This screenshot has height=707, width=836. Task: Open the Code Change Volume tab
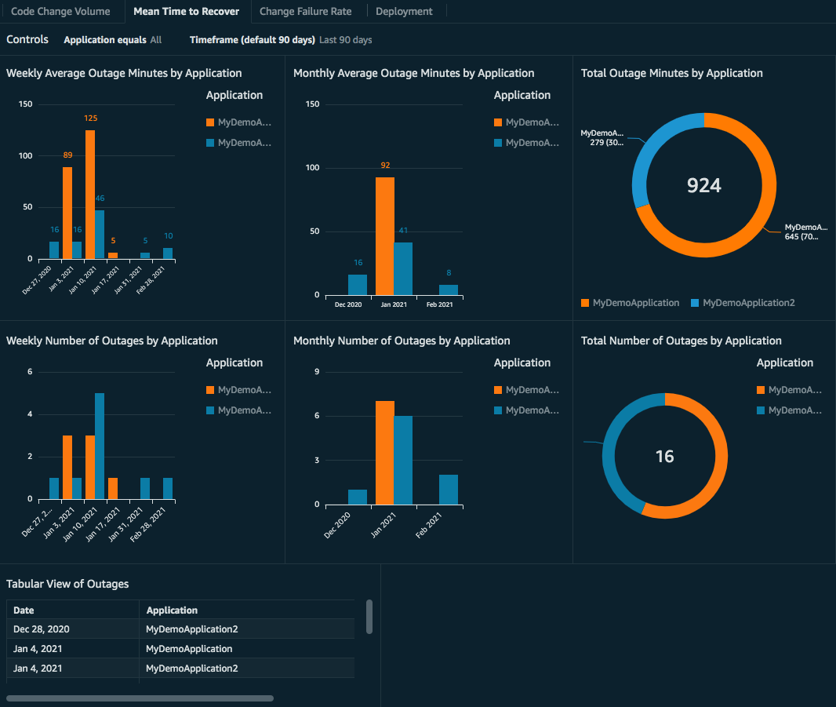click(x=60, y=12)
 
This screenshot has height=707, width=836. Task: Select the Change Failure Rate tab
click(x=305, y=12)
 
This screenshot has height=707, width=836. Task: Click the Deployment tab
click(x=404, y=12)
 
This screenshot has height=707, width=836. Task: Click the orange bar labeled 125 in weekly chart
click(x=90, y=195)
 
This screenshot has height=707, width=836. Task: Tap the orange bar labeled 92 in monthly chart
click(x=384, y=236)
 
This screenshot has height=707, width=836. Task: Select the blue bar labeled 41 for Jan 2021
click(x=403, y=268)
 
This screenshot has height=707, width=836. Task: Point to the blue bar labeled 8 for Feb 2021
click(x=449, y=290)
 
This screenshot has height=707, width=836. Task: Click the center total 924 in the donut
click(x=703, y=185)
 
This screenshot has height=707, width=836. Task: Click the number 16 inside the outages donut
click(x=664, y=457)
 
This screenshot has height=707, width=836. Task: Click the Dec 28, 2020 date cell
click(x=42, y=629)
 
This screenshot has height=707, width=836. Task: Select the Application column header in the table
click(x=172, y=610)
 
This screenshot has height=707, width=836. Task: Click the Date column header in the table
click(x=24, y=610)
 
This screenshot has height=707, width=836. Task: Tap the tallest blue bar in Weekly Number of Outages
click(x=100, y=446)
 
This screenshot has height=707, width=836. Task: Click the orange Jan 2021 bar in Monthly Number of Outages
click(x=384, y=453)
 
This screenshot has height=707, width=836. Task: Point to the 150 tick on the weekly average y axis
click(x=25, y=104)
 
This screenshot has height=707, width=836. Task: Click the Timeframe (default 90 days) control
click(x=252, y=40)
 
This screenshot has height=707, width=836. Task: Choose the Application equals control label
click(x=105, y=40)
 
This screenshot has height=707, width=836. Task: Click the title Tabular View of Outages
click(x=67, y=584)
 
